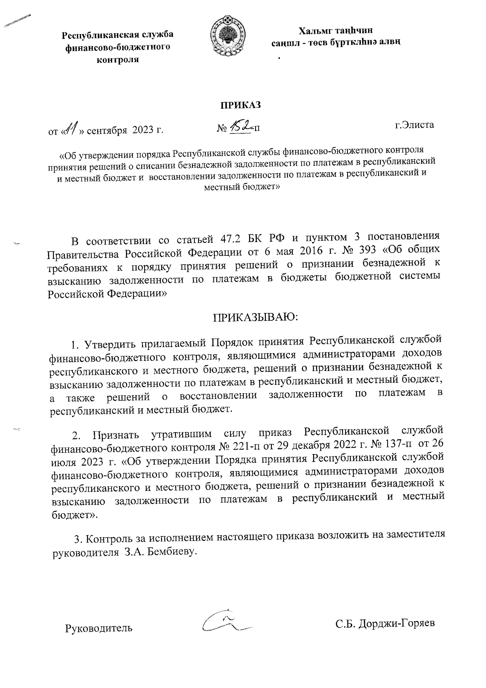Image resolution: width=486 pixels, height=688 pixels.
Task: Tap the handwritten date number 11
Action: pyautogui.click(x=71, y=130)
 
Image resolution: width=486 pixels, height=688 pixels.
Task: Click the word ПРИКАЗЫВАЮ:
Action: pyautogui.click(x=256, y=317)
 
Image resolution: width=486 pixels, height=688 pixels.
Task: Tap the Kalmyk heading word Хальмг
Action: pyautogui.click(x=316, y=31)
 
